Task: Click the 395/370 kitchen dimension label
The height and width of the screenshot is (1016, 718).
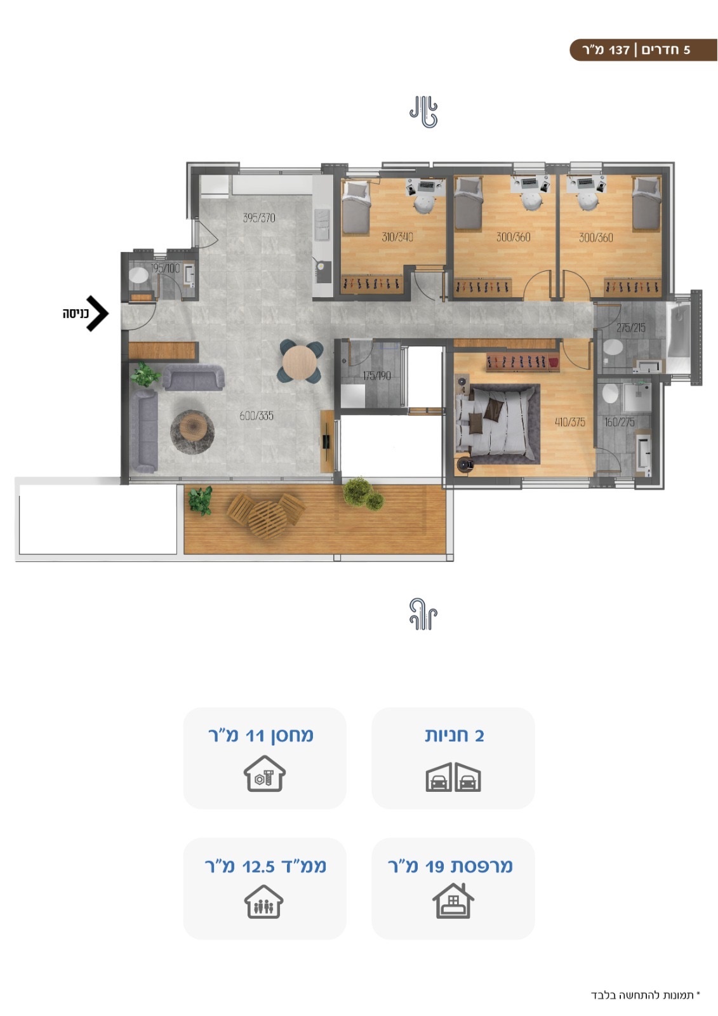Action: pos(258,218)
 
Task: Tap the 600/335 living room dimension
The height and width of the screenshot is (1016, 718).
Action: pos(256,415)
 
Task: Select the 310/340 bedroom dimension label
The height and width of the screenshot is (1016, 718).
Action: pos(397,237)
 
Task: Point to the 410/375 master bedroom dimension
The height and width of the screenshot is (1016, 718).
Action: pos(569,422)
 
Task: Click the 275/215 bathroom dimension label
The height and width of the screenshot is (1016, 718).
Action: pos(630,328)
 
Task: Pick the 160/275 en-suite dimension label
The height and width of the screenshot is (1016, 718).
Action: pos(619,422)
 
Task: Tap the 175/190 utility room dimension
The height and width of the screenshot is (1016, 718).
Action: pos(376,375)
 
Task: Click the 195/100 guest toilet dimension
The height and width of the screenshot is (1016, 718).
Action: pos(165,268)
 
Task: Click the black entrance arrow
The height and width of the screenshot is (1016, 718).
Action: pos(98,314)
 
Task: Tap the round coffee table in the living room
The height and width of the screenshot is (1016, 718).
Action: pos(192,432)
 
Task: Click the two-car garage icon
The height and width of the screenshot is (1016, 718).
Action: pos(453,777)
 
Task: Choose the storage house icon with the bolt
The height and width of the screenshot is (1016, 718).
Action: pos(265,773)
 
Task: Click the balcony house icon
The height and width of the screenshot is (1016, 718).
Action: pos(453,901)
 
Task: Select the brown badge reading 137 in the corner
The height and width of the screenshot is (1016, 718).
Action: pos(643,50)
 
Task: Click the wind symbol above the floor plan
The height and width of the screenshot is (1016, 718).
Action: pos(423,112)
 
